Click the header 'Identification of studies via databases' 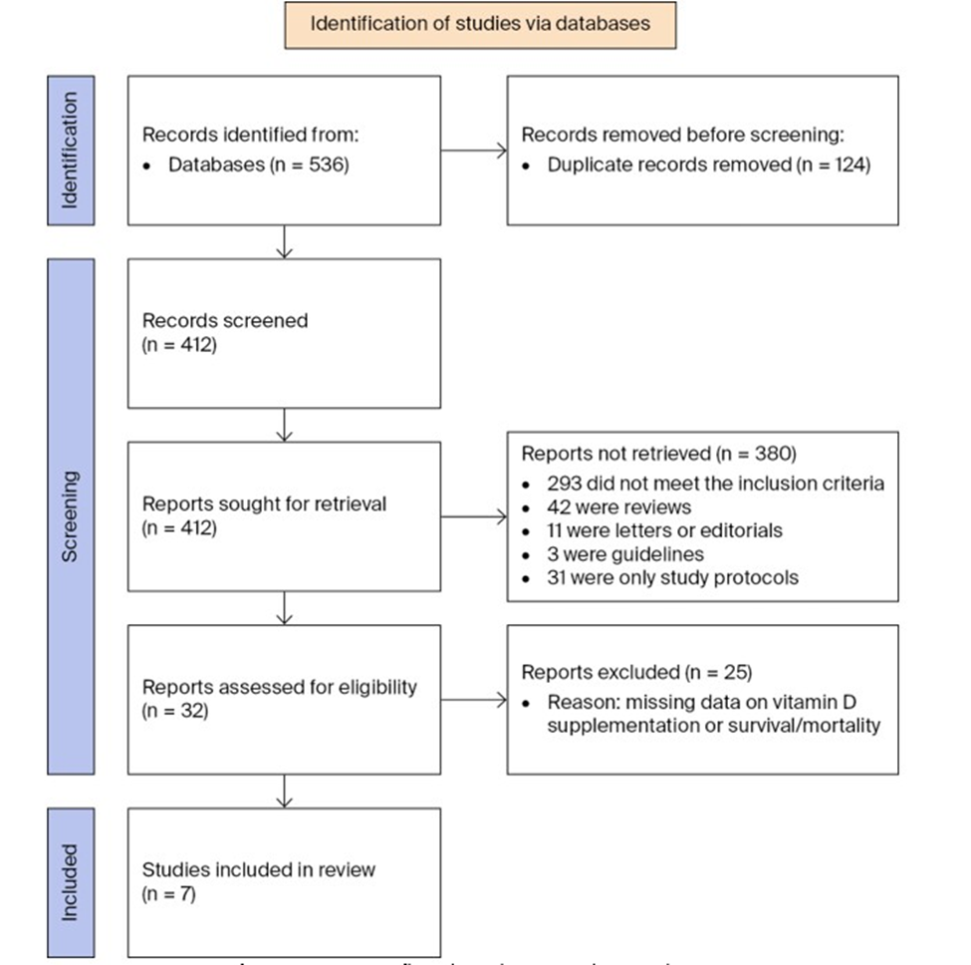(x=480, y=24)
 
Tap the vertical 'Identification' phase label (x=71, y=151)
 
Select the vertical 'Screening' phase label (x=71, y=515)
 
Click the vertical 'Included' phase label (x=71, y=882)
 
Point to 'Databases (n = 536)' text (x=258, y=164)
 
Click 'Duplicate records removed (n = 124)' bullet (x=708, y=164)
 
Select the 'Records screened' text (x=225, y=321)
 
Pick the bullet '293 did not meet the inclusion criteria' (x=715, y=484)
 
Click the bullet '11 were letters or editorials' (x=661, y=530)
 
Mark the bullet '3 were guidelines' (x=617, y=553)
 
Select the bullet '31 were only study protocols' (x=672, y=576)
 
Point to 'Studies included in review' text (x=259, y=870)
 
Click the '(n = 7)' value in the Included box (x=169, y=894)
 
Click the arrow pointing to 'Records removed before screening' (x=473, y=152)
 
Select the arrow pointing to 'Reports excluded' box (x=473, y=700)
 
